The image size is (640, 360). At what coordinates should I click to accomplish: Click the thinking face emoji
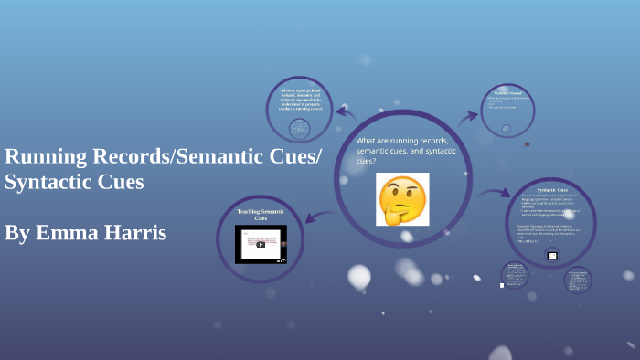click(402, 199)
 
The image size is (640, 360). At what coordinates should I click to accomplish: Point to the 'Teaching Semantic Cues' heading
click(261, 215)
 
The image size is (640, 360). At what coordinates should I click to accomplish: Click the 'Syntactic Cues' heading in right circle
click(552, 188)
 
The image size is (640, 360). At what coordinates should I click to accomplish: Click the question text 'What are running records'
click(402, 141)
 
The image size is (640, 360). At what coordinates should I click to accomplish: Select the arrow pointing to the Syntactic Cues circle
click(494, 193)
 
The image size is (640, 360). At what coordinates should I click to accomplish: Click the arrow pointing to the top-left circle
click(345, 112)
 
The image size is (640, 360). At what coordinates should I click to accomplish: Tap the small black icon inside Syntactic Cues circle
click(552, 255)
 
